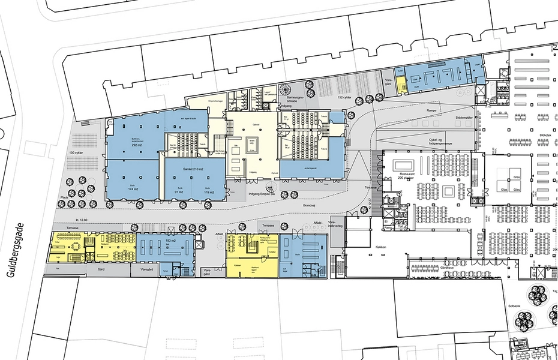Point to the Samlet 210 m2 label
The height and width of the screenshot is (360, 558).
pyautogui.click(x=193, y=171)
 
